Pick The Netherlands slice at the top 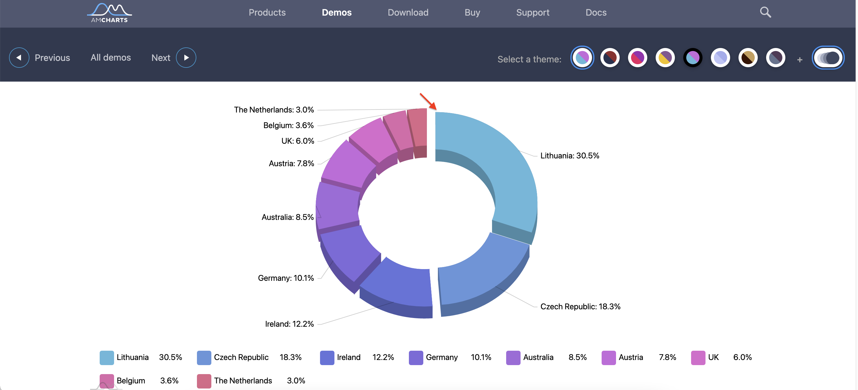(x=418, y=128)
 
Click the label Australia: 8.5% (x=287, y=217)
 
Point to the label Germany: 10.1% (x=286, y=278)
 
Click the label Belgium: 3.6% (x=289, y=125)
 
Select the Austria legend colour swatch (x=608, y=358)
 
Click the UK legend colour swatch (x=698, y=358)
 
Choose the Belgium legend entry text (x=131, y=381)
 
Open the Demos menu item (x=337, y=13)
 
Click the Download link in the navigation (x=408, y=13)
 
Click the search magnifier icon (x=765, y=13)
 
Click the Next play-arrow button (x=186, y=58)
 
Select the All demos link (x=110, y=58)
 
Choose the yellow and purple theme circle (x=665, y=58)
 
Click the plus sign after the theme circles (x=799, y=60)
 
